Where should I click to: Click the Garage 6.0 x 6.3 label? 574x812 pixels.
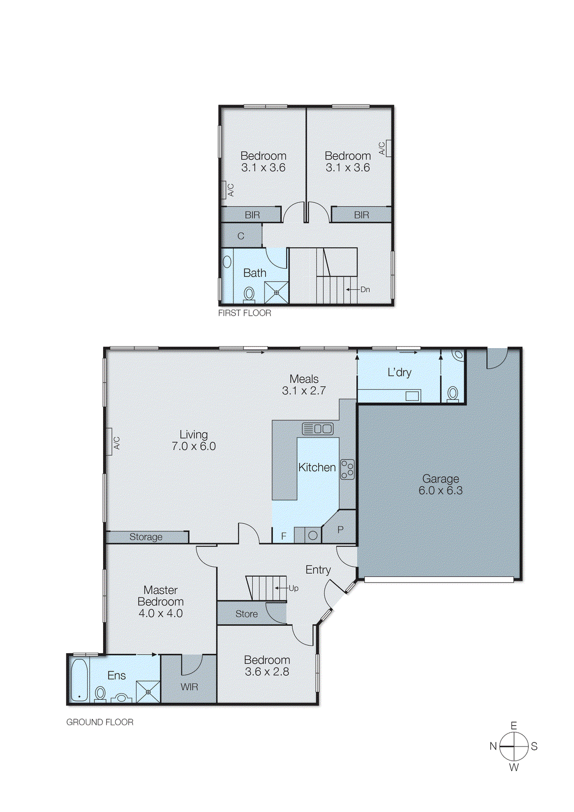pos(441,485)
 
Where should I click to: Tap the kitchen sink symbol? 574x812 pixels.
pos(318,429)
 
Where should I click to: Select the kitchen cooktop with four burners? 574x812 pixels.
pos(347,469)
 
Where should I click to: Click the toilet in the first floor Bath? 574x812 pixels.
pos(249,294)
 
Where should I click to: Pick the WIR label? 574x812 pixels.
pos(189,687)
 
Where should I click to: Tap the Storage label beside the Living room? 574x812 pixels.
pos(146,537)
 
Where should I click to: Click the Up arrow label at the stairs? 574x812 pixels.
pos(293,588)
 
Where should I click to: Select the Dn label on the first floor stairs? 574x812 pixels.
pos(365,289)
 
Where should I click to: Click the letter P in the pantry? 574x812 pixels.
pos(341,529)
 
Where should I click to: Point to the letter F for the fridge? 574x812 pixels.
pos(284,536)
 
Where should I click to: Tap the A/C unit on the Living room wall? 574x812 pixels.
pos(109,442)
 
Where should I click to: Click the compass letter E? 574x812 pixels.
pos(514,726)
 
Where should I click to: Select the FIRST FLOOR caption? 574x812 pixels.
pos(245,313)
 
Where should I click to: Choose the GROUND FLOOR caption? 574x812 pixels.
pos(100,722)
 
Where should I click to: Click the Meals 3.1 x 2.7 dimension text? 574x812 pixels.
pos(303,391)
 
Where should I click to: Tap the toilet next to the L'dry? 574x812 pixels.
pos(453,393)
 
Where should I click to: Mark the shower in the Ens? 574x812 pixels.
pos(148,692)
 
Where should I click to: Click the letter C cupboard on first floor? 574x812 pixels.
pos(241,236)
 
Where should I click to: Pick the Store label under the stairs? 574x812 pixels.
pos(247,614)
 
